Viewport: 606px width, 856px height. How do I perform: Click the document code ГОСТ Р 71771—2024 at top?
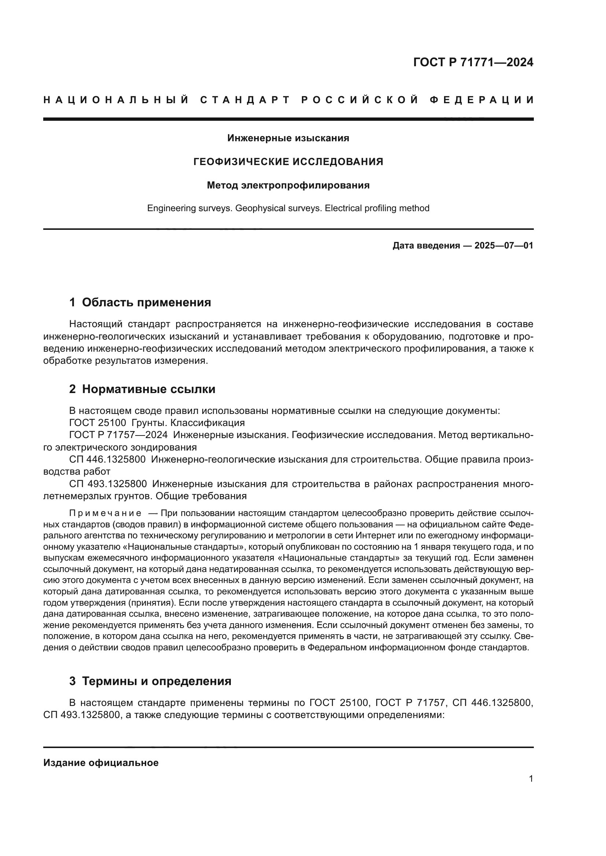click(x=473, y=62)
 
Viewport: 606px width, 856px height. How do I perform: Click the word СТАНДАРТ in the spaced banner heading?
click(x=245, y=100)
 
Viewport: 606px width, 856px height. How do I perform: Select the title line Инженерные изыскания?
click(x=288, y=138)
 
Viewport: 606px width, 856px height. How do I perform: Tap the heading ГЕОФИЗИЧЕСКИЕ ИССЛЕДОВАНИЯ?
click(x=288, y=162)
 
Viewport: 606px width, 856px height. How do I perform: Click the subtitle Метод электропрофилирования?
click(x=288, y=185)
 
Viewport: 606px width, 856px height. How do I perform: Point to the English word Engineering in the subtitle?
click(x=170, y=208)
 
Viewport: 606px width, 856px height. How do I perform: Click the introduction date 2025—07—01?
click(x=504, y=246)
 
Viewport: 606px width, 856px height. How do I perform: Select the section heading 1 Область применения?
click(x=140, y=302)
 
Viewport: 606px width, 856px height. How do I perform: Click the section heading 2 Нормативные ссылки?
click(x=142, y=389)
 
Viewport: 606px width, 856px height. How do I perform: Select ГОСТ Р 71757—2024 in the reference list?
click(x=118, y=435)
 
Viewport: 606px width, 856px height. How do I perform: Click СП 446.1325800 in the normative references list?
click(x=107, y=459)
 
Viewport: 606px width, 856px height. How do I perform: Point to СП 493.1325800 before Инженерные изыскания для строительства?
click(x=107, y=484)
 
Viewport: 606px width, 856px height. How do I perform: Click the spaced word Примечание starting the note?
click(x=105, y=513)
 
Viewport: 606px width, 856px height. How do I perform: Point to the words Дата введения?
click(x=426, y=246)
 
